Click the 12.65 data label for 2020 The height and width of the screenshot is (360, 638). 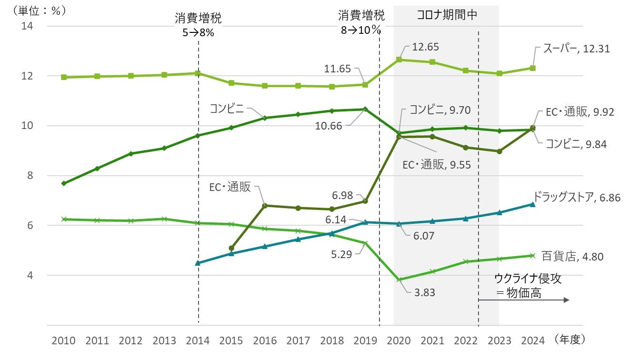[x=425, y=47]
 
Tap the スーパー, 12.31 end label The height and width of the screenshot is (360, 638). [x=577, y=49]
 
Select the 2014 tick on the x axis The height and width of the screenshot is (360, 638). [x=198, y=340]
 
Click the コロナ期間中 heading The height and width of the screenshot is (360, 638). [x=447, y=15]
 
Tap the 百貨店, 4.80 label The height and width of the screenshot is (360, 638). [x=572, y=257]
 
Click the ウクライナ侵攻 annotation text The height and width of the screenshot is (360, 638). [x=528, y=279]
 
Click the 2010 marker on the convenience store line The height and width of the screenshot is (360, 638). [x=63, y=183]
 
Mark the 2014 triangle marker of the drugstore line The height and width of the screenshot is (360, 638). [x=198, y=263]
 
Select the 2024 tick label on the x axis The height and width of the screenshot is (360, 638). [x=533, y=340]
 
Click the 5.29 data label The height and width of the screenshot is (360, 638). [x=342, y=254]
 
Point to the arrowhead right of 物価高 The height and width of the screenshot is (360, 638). [x=567, y=300]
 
